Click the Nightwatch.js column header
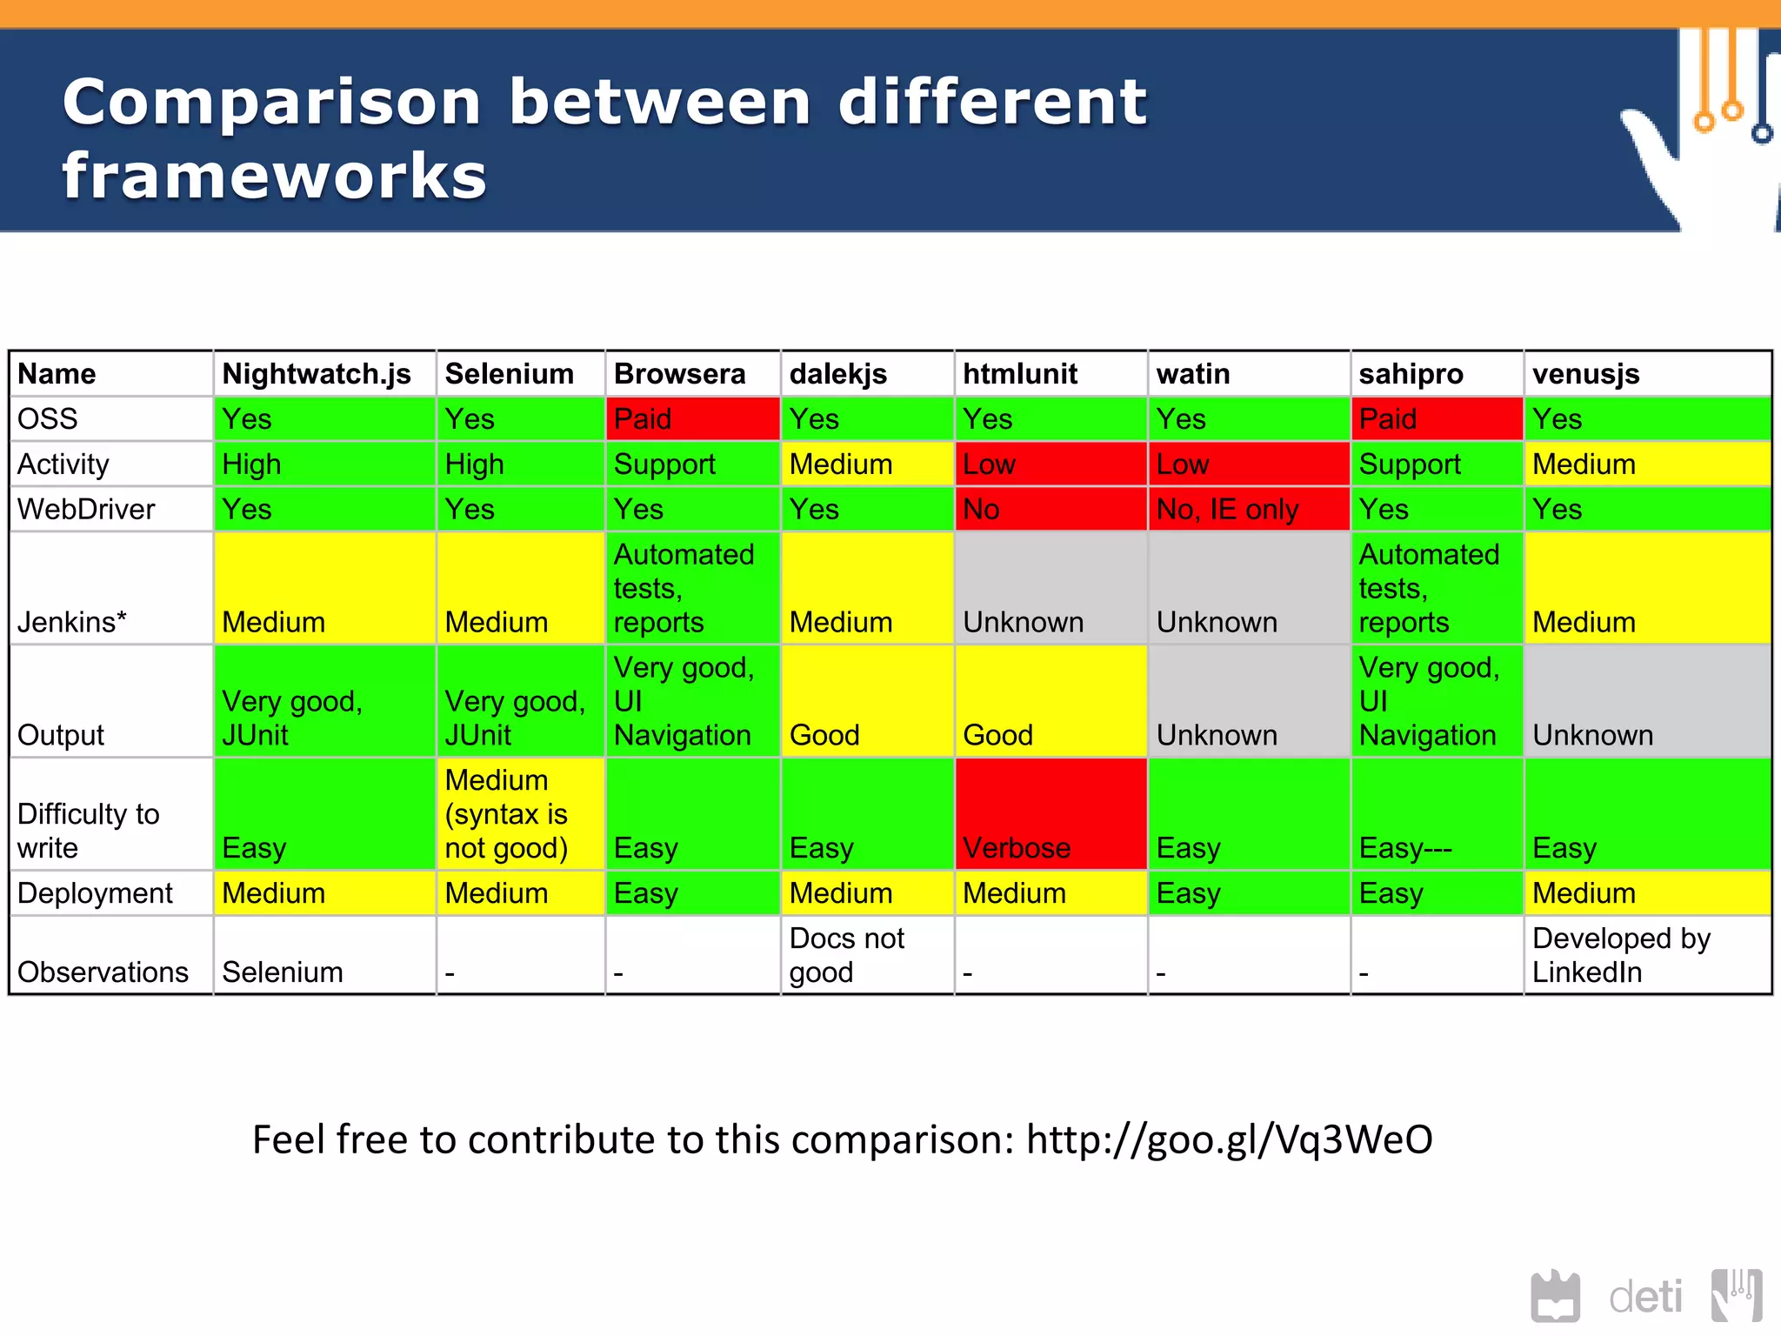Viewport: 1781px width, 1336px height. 317,374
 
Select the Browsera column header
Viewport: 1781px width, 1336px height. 679,374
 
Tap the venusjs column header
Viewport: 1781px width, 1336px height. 1585,374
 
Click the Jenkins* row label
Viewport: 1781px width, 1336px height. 72,622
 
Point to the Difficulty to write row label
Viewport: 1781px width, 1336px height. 88,830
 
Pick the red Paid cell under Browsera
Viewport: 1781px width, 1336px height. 693,419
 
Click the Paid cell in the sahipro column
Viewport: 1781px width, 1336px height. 1437,419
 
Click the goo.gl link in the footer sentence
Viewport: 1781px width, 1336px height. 1229,1139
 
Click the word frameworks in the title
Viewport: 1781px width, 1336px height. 275,176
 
